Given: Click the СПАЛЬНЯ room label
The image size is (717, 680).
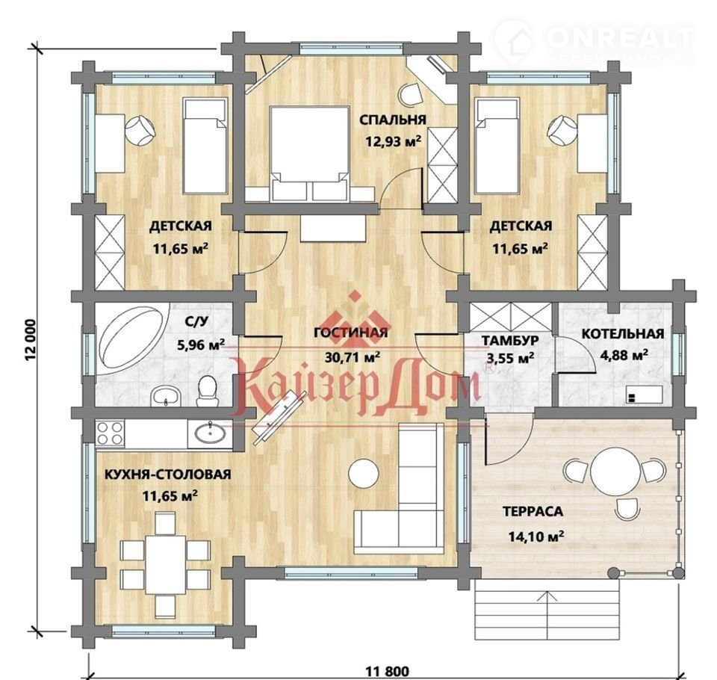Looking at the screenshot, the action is point(392,120).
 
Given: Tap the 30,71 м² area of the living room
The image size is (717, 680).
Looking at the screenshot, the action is point(352,356).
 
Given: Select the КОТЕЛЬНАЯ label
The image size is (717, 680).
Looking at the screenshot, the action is point(622,333).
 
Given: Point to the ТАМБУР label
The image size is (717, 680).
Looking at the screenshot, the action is point(510,341).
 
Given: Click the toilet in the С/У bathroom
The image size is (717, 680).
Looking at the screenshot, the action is point(208,392).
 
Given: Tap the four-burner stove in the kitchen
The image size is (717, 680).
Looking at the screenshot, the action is point(111,433).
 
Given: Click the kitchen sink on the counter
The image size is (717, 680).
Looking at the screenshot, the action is point(210,433).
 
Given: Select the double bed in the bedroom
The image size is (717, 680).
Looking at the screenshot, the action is point(310,154).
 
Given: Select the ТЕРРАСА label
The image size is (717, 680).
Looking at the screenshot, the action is point(533,511).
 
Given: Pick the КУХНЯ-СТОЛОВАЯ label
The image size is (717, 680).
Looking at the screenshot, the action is point(168,474).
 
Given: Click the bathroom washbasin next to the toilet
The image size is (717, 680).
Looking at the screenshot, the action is point(166,395).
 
